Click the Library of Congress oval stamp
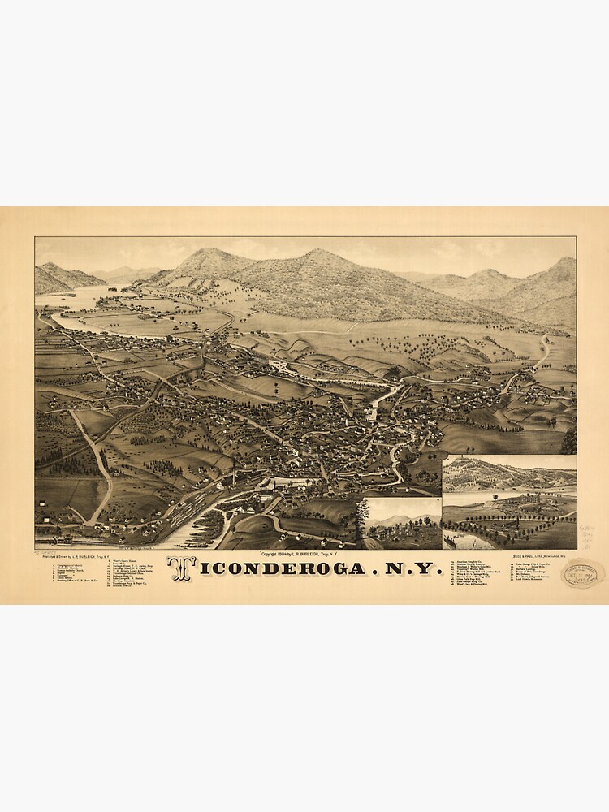[584, 573]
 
